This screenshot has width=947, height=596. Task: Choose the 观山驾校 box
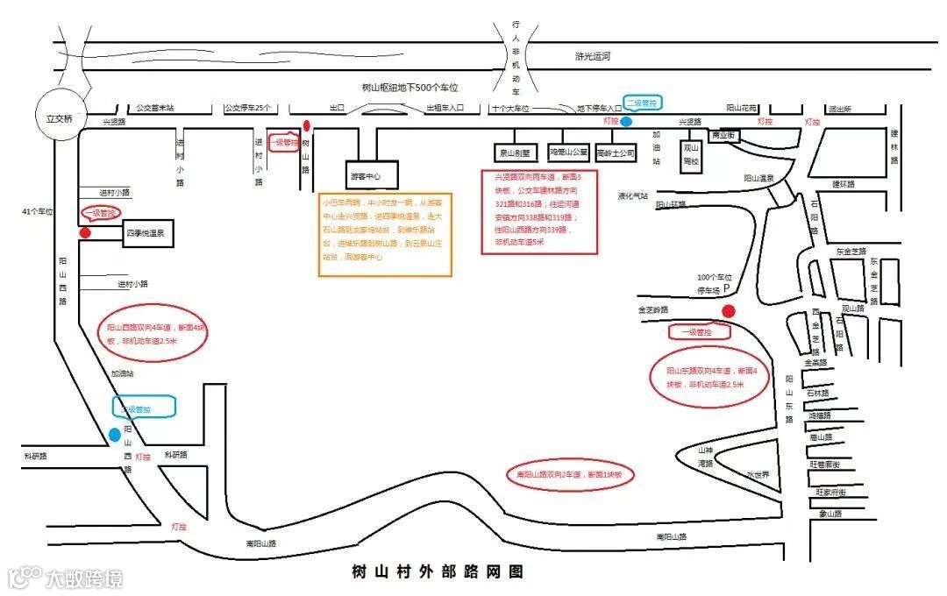click(x=691, y=154)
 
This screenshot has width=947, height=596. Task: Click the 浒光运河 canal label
click(x=593, y=56)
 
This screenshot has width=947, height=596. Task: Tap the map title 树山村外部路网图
click(x=437, y=571)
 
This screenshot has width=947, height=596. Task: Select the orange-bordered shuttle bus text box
click(x=385, y=234)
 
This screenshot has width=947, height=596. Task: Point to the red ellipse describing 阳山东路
click(x=710, y=377)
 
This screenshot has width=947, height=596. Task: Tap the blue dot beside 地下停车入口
click(x=627, y=122)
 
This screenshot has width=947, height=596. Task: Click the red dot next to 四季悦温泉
click(x=85, y=233)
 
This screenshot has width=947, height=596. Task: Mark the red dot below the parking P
click(x=728, y=311)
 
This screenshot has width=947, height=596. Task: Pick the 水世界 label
click(x=758, y=474)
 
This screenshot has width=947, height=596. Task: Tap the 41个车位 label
click(x=38, y=212)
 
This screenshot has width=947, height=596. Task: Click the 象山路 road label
click(x=830, y=514)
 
